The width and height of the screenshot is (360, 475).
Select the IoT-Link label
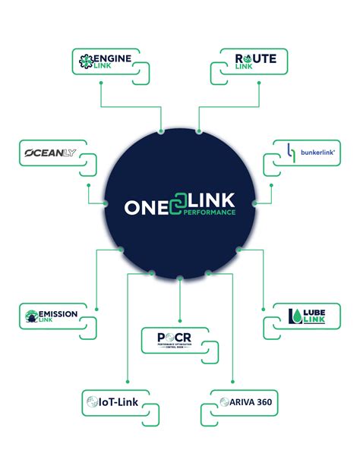click(117, 402)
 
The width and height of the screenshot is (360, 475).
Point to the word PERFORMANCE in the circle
click(210, 213)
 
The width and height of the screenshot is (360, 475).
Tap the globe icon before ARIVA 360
click(224, 401)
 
